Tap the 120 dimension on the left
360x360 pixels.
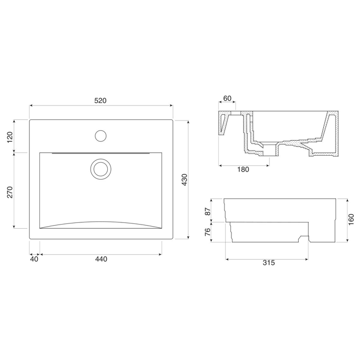coord(9,137)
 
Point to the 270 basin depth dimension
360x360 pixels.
coord(9,193)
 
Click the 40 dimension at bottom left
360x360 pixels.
coord(34,259)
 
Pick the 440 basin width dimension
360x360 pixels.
coord(101,259)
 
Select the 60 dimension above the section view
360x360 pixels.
coord(227,99)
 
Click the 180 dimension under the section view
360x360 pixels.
coord(243,170)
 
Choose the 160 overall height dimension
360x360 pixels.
coord(351,219)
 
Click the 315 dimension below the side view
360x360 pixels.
coord(268,263)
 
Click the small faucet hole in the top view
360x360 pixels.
coord(100,135)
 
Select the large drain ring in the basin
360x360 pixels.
coord(100,169)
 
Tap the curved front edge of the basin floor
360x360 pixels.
coord(101,222)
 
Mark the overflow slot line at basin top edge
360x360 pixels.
coord(101,153)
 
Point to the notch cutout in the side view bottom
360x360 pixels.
coord(304,239)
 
